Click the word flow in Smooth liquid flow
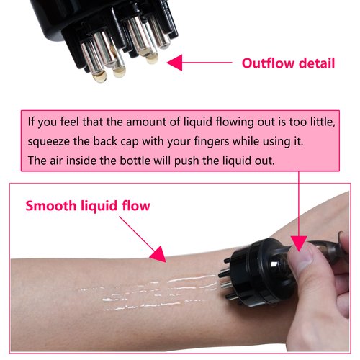pos(135,206)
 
